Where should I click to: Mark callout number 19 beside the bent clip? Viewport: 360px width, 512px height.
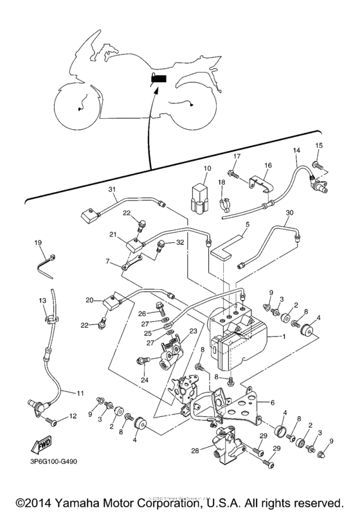[x=38, y=242]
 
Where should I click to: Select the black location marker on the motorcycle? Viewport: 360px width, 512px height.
[x=159, y=80]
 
